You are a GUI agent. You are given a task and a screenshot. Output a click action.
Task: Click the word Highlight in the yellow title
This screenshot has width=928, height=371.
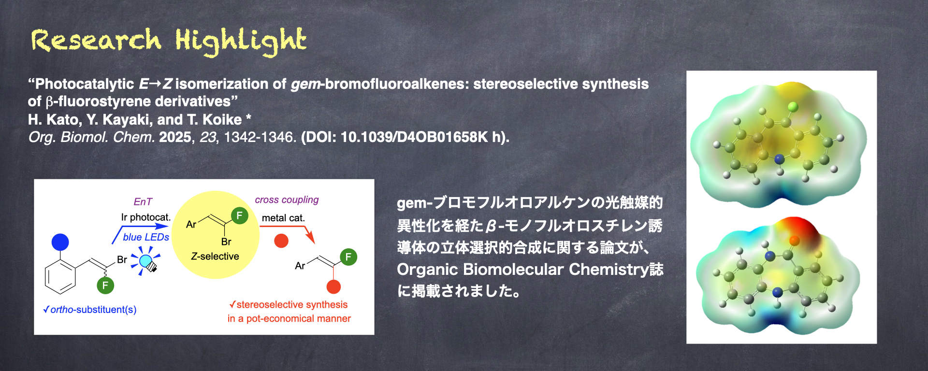coord(241,41)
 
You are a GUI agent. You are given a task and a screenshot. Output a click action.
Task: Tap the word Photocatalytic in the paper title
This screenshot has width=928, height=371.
coord(85,84)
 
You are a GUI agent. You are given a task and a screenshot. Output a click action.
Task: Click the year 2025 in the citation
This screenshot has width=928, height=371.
coord(175,137)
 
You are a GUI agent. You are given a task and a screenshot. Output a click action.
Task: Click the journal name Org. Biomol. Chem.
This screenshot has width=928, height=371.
coord(92,137)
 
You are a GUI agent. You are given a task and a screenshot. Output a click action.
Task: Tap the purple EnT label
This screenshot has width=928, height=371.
coord(143,202)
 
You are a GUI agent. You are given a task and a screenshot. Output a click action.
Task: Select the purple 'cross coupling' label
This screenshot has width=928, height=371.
coord(287,200)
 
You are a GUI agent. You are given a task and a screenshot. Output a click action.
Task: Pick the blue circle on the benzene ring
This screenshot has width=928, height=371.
coord(60,242)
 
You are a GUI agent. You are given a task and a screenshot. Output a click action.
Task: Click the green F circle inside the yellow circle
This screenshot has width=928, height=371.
coord(239,215)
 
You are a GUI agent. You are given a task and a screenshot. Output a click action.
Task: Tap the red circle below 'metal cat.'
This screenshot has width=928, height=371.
coord(281,241)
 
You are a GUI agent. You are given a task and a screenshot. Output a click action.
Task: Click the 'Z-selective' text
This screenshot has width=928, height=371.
coord(215,257)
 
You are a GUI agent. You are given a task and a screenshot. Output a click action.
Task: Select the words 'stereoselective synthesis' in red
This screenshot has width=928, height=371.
coord(292,305)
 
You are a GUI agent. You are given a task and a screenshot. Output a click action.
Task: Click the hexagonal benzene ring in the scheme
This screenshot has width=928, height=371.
coord(60,277)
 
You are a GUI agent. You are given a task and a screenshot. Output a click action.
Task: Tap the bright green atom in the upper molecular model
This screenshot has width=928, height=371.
coord(793,106)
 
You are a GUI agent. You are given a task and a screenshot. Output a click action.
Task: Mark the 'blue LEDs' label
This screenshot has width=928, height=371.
coord(146,237)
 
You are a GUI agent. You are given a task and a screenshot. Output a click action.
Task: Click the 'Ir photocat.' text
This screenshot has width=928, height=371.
coord(146,217)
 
